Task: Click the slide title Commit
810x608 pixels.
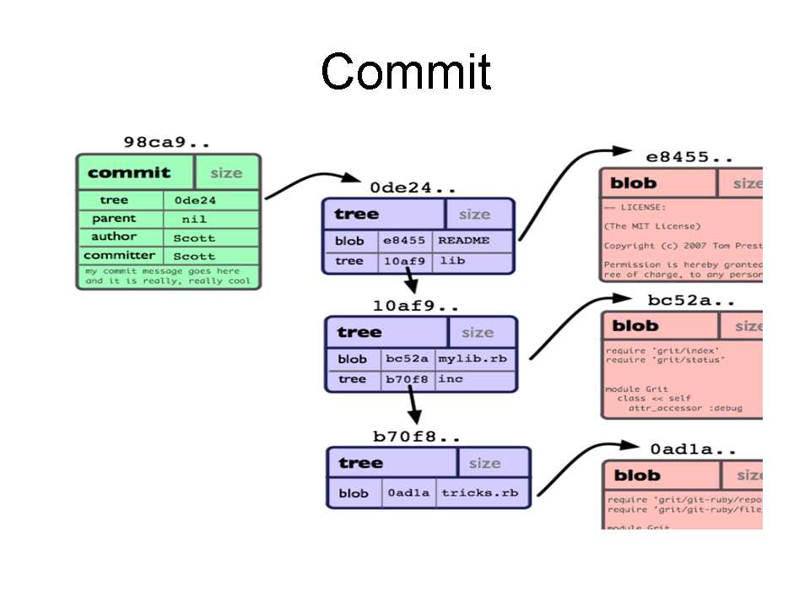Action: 405,73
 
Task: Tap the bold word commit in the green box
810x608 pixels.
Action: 129,173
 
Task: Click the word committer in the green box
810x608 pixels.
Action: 119,255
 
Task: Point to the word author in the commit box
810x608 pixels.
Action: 114,237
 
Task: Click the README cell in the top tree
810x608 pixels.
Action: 463,241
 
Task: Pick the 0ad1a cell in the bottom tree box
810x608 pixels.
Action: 408,493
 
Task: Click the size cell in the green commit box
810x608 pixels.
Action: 226,173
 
